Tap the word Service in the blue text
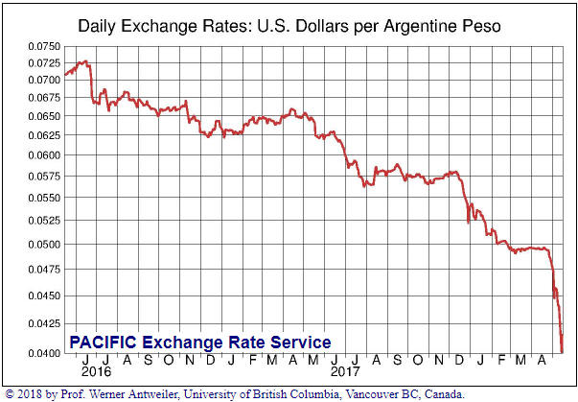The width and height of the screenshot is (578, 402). pyautogui.click(x=300, y=343)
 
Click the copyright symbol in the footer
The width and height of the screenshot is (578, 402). pyautogui.click(x=9, y=394)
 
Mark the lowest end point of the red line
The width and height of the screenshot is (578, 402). pyautogui.click(x=562, y=352)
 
